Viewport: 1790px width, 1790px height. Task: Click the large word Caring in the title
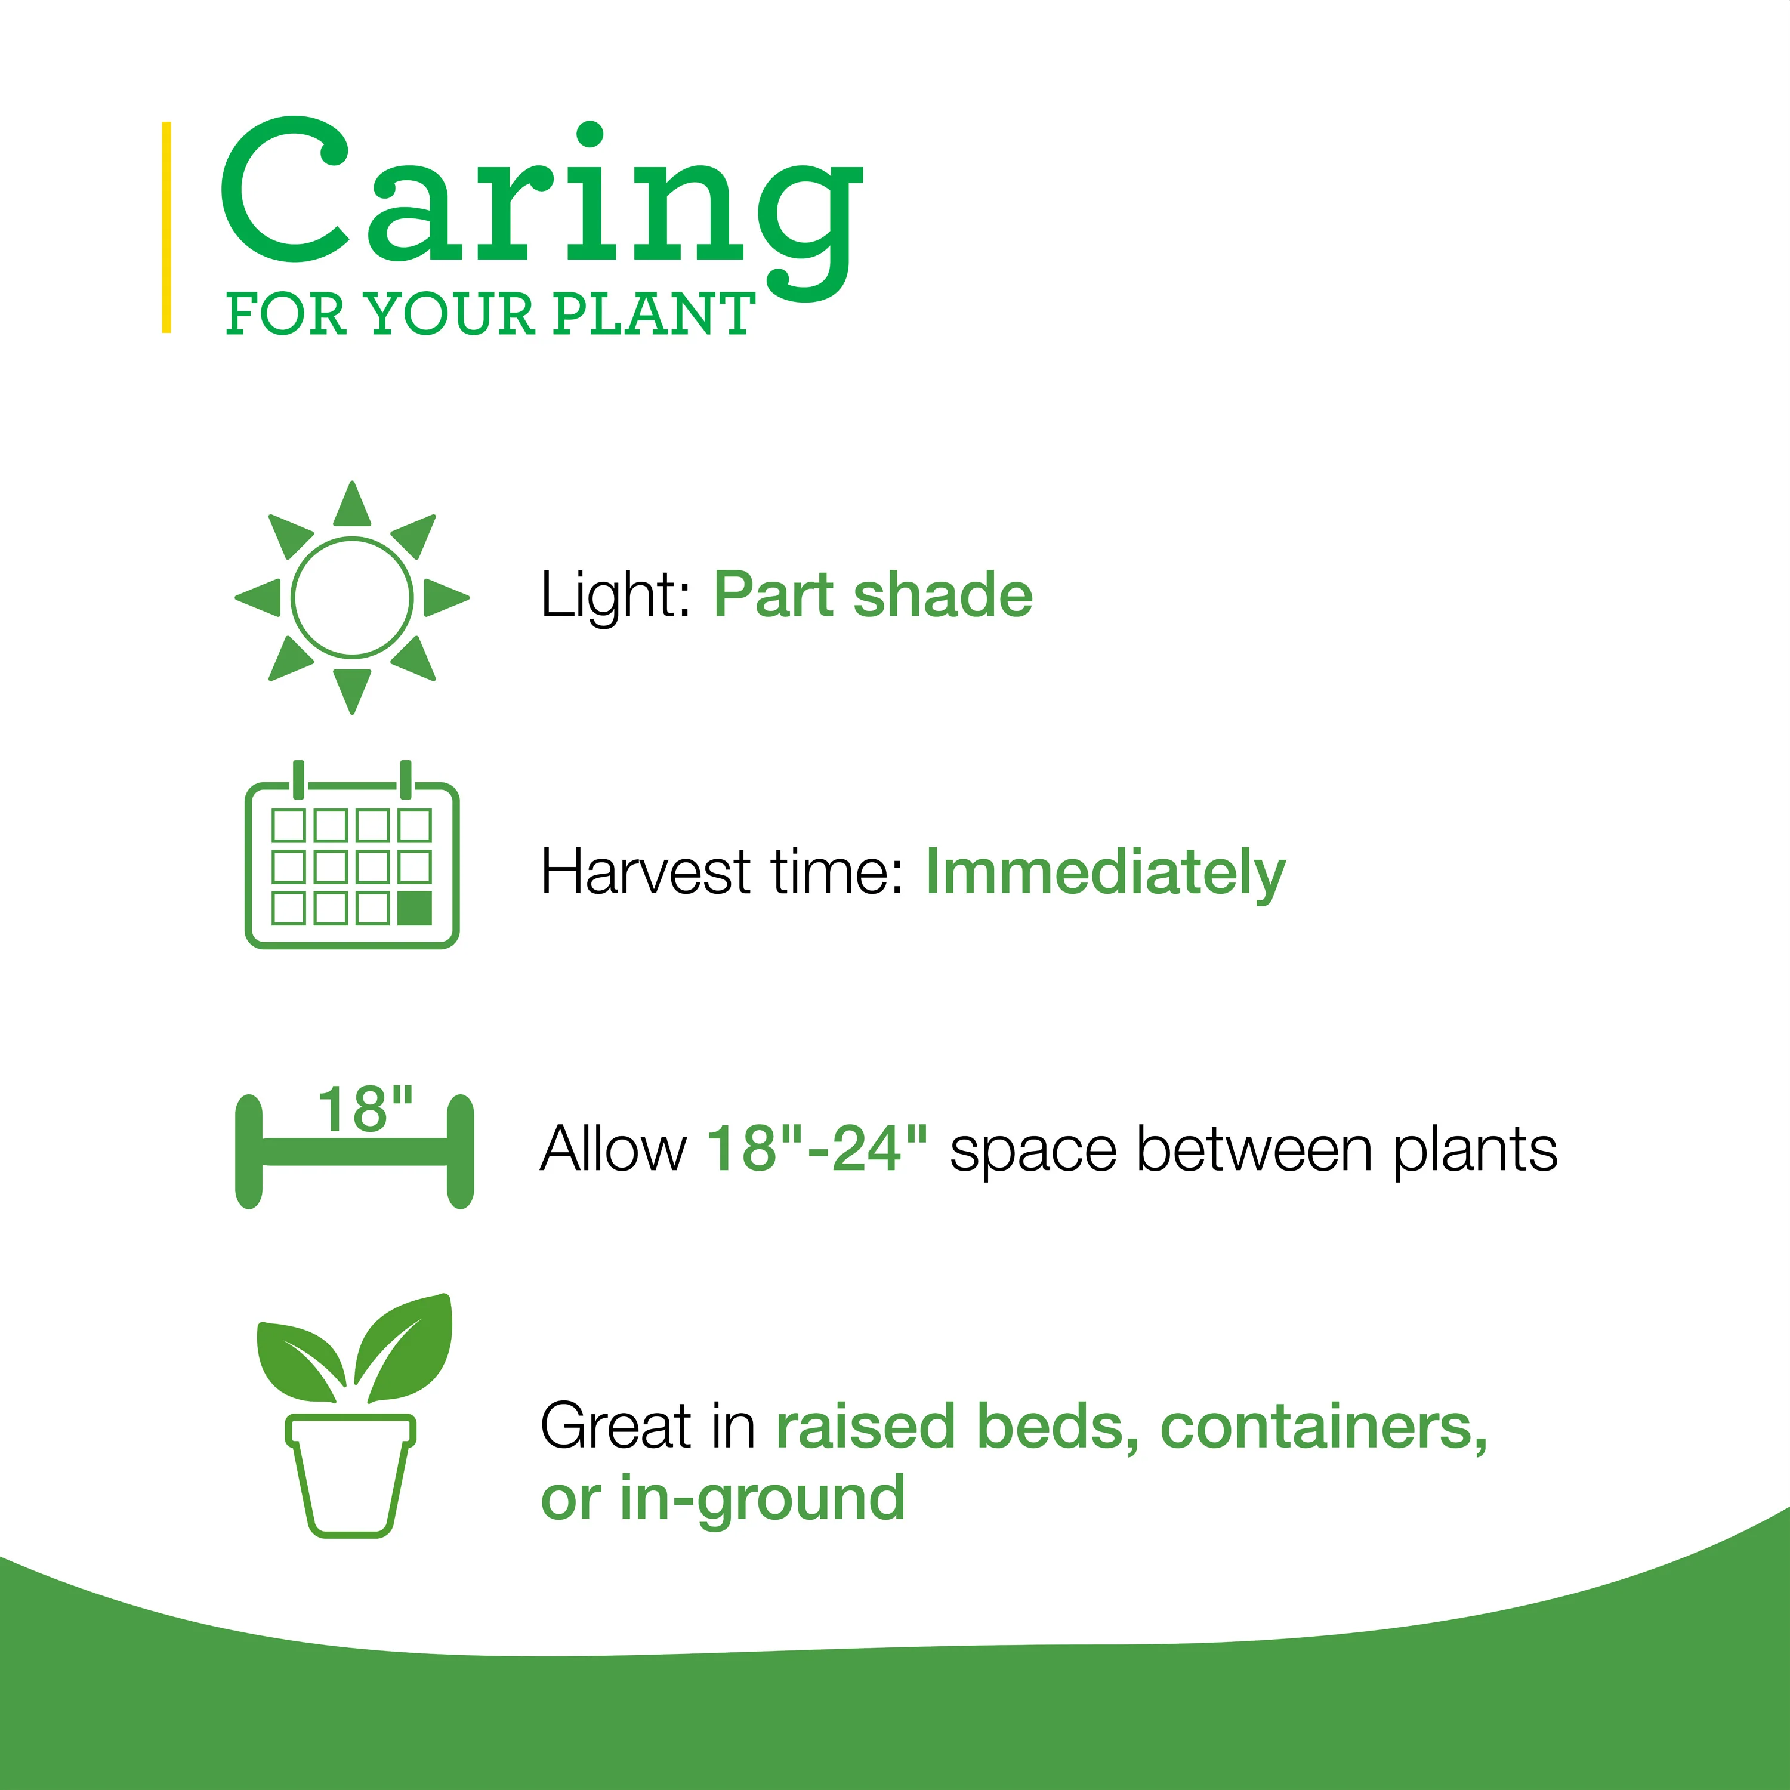tap(542, 208)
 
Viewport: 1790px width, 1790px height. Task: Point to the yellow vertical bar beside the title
tap(167, 227)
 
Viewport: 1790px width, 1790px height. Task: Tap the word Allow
tap(613, 1149)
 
